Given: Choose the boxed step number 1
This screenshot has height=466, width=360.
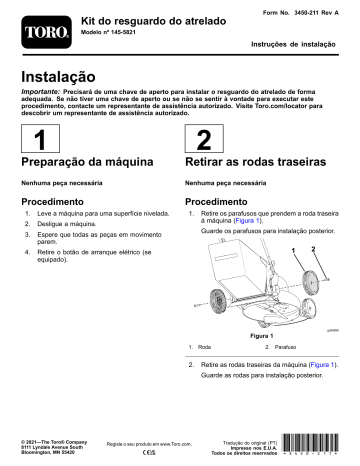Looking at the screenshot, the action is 38,140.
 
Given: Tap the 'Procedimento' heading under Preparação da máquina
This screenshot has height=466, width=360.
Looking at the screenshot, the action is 65,200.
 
